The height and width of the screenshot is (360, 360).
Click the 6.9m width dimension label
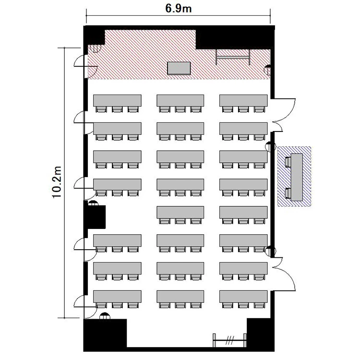(x=179, y=9)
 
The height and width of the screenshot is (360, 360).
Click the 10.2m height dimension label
(x=57, y=182)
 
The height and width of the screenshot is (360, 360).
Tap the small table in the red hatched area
(x=179, y=68)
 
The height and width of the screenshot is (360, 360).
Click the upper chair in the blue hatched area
(x=288, y=162)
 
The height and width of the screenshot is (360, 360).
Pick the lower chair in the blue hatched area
(x=288, y=193)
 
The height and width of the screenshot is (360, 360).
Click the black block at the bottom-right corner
(x=261, y=333)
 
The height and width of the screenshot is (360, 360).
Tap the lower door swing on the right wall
(x=284, y=274)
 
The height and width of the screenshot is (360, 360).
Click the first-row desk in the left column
(x=117, y=100)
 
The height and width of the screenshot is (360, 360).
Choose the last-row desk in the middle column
(x=180, y=297)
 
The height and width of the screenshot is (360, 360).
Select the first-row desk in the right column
(x=243, y=100)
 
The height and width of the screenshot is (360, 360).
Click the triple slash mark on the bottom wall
(x=229, y=340)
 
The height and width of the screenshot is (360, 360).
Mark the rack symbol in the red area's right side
(x=233, y=57)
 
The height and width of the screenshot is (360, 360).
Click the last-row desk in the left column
(x=117, y=297)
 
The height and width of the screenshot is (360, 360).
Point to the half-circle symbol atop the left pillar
(x=93, y=203)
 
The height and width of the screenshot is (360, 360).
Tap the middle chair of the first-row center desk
(x=180, y=109)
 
